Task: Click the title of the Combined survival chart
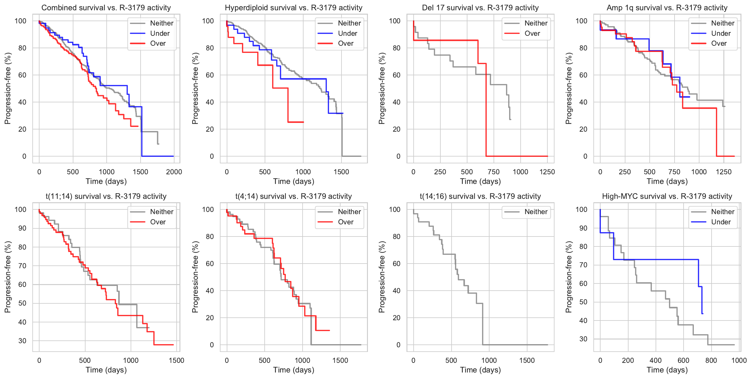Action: pos(106,8)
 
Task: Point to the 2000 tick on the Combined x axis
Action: pos(174,172)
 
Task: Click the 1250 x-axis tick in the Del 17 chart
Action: pos(547,172)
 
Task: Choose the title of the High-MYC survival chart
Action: pos(667,196)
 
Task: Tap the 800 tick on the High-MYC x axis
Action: pos(711,360)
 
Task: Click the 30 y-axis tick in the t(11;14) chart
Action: pos(22,341)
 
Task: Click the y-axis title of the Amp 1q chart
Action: pos(569,88)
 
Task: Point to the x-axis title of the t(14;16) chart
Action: pos(480,370)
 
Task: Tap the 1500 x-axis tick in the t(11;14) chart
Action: pos(176,360)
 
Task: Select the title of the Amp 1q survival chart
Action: pos(667,8)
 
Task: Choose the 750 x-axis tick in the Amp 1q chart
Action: pos(674,172)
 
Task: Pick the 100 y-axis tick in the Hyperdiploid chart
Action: pos(208,21)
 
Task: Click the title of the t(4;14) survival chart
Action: pos(294,196)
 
